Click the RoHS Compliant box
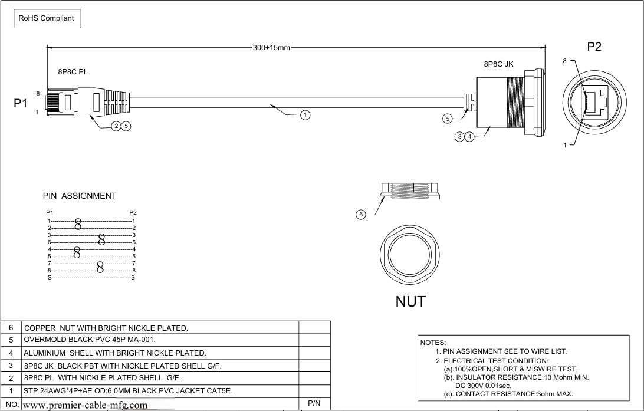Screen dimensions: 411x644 [x=47, y=18]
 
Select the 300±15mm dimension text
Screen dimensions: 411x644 [x=271, y=48]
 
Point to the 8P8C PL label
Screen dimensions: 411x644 [x=73, y=71]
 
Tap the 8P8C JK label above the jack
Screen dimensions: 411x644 [x=498, y=64]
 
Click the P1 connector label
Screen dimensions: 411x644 [x=21, y=103]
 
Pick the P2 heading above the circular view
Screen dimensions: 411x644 [x=594, y=47]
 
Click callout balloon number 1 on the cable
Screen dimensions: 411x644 [x=305, y=115]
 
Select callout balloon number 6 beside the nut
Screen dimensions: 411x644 [x=361, y=215]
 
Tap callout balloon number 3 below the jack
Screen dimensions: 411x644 [x=459, y=137]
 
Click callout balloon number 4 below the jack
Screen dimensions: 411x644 [x=469, y=137]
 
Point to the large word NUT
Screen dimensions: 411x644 [x=410, y=301]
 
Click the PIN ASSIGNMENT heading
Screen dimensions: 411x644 [x=80, y=196]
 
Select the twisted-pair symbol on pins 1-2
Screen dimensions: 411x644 [x=78, y=223]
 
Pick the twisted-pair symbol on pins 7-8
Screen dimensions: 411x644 [x=100, y=267]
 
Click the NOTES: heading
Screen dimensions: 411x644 [x=433, y=342]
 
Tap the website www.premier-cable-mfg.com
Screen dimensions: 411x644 [x=85, y=405]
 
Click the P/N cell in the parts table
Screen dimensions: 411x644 [x=314, y=404]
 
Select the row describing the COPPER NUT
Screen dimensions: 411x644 [x=106, y=328]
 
